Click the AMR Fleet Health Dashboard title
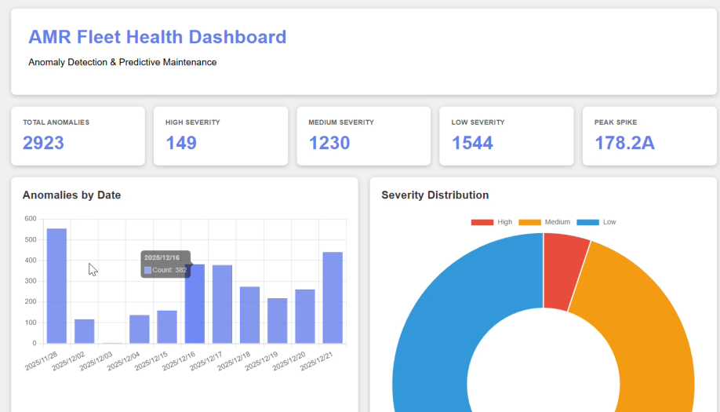(x=157, y=37)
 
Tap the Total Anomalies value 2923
(x=43, y=143)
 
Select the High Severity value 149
(x=181, y=143)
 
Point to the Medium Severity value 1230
(x=329, y=143)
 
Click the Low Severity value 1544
(x=472, y=143)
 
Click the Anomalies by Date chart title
(x=71, y=195)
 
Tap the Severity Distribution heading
(x=435, y=195)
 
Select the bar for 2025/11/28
(x=56, y=286)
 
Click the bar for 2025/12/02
(x=84, y=331)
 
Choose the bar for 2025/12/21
(x=333, y=297)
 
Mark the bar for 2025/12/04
(x=139, y=329)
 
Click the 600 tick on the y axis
(x=30, y=218)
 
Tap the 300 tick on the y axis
(x=30, y=281)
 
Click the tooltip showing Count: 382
(x=165, y=264)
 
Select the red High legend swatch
(x=482, y=222)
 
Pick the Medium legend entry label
(x=558, y=222)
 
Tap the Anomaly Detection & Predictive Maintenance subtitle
(x=122, y=62)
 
